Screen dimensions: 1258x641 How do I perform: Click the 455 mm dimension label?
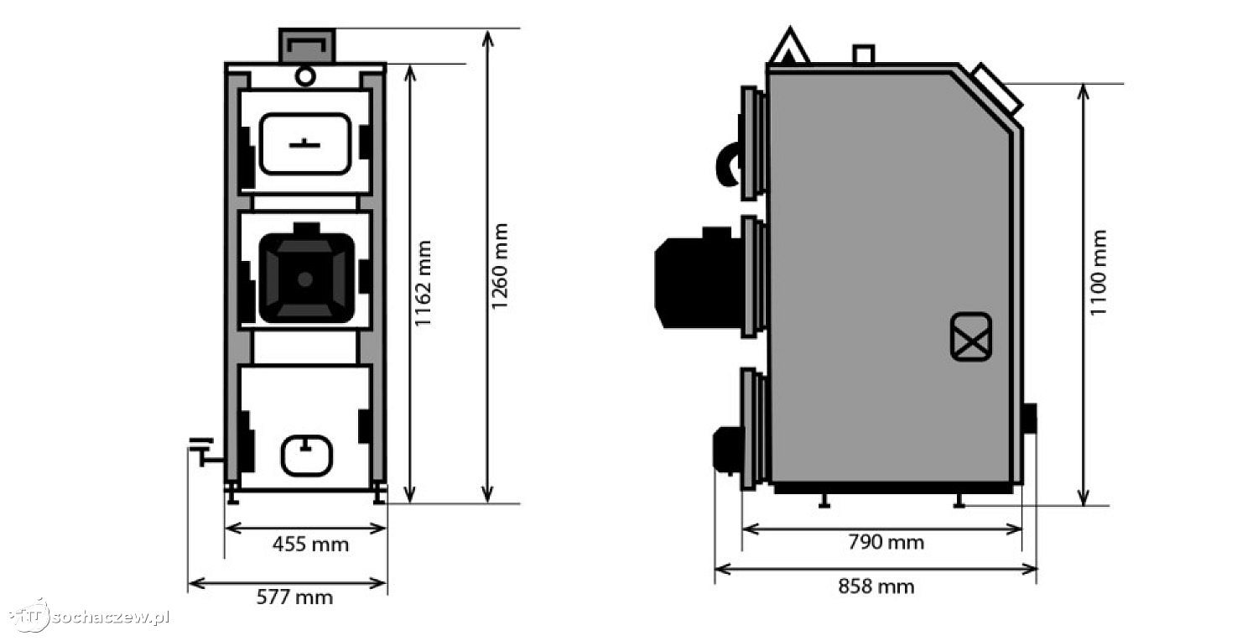click(310, 545)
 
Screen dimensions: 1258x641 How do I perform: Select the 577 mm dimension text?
click(295, 597)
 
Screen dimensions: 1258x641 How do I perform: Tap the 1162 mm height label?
click(423, 283)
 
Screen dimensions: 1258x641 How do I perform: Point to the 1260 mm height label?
click(499, 266)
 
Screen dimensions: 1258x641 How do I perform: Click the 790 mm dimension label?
click(886, 542)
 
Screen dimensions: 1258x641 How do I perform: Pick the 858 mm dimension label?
click(876, 587)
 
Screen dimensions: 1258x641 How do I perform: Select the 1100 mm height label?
click(1098, 273)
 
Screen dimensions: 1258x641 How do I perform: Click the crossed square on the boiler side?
click(971, 337)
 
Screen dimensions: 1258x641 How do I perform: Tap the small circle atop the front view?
click(305, 76)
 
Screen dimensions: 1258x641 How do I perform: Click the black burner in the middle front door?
click(307, 274)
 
